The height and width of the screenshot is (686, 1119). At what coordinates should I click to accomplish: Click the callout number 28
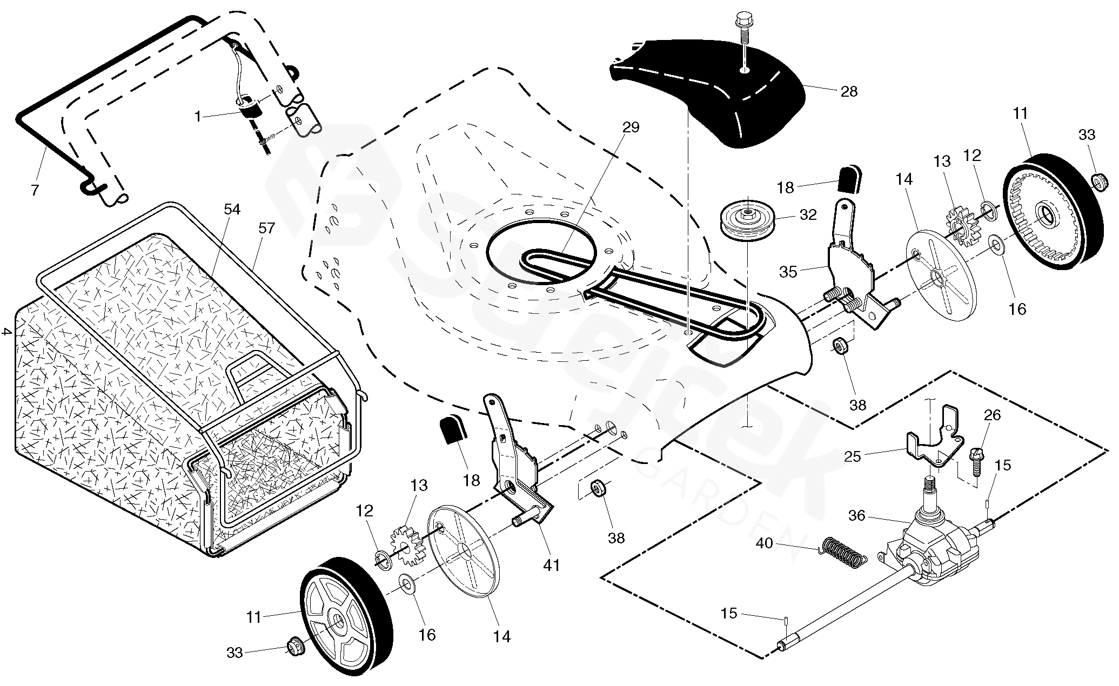point(849,91)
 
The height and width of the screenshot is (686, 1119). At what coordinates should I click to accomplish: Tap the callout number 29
point(631,127)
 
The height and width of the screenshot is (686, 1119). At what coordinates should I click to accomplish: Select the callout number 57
point(266,228)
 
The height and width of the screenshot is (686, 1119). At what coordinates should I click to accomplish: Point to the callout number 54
point(232,209)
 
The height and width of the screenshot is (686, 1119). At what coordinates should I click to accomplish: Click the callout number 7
point(35,190)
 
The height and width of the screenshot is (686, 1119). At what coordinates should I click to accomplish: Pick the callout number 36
point(857,516)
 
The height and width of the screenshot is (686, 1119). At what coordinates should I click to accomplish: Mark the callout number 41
point(552,565)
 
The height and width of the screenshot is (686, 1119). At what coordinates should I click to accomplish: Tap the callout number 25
point(853,457)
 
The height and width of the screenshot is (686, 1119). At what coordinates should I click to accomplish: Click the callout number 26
point(992,415)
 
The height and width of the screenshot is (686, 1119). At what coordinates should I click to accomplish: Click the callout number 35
point(788,272)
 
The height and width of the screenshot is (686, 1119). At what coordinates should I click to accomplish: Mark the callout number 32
point(808,215)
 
